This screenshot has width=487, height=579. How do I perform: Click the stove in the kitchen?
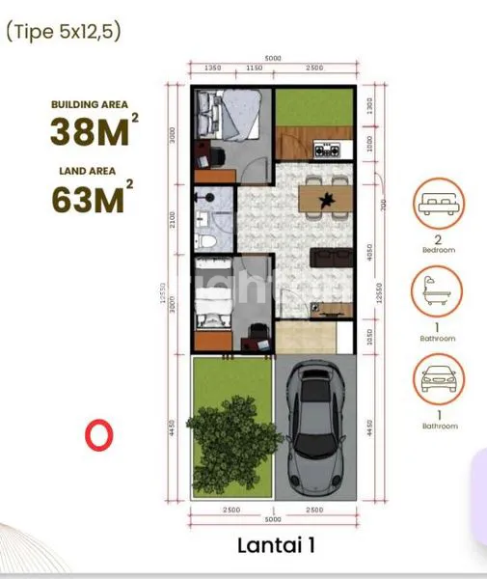(322, 150)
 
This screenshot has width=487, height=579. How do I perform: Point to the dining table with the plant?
(323, 199)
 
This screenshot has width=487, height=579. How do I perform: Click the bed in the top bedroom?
(227, 116)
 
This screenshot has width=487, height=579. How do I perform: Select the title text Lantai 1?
(275, 545)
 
